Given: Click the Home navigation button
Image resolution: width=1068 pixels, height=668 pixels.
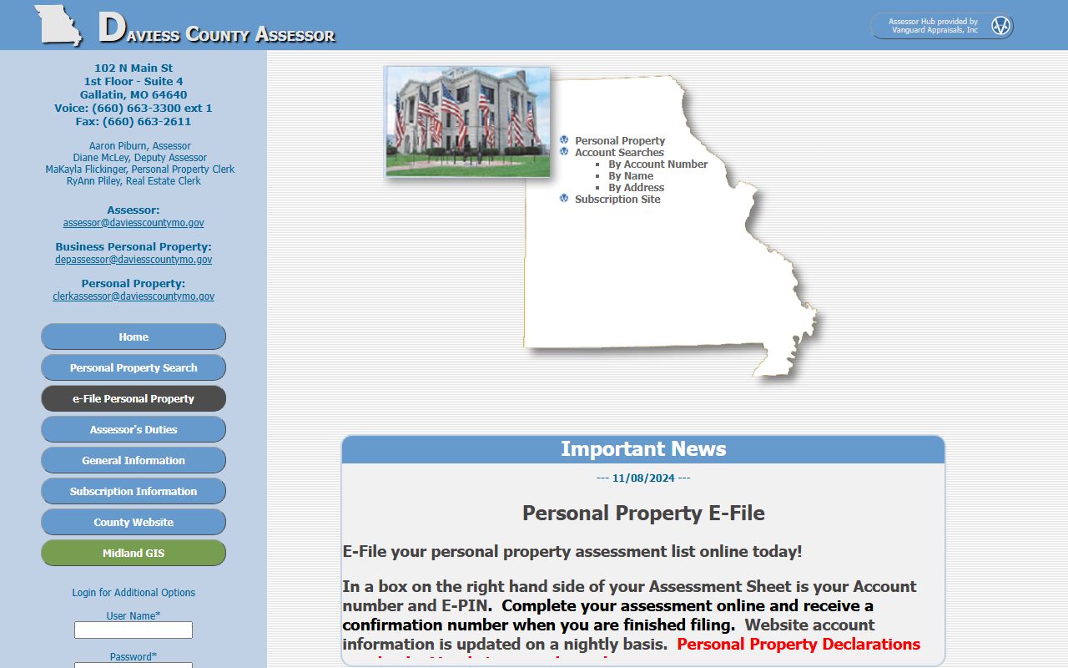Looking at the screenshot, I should point(133,337).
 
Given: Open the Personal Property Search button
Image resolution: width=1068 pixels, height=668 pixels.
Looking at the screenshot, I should point(133,368).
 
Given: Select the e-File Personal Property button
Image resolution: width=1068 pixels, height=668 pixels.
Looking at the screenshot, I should point(133,399).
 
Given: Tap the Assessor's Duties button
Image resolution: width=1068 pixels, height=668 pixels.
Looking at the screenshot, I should point(133,430).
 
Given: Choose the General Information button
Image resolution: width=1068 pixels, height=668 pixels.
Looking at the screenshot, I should point(133,461).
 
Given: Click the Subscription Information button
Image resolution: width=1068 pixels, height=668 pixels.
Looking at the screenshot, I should point(133,492).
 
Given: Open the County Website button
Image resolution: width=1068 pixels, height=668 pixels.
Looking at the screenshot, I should point(133,523).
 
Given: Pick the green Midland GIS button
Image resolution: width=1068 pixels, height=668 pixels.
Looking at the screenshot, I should point(133,554).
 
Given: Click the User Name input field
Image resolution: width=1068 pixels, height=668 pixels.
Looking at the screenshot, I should point(133,630).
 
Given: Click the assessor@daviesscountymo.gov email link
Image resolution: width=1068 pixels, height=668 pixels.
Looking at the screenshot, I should point(133,223).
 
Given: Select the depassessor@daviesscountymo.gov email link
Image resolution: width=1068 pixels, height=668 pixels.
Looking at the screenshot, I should point(133,260).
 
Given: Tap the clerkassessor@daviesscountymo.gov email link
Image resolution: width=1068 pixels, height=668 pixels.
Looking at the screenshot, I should point(133,296).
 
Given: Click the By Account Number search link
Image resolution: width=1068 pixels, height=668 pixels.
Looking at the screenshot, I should point(657,164).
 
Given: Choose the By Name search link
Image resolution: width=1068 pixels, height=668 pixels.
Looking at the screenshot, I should point(631,176).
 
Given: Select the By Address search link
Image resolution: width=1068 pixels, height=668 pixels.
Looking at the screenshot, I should point(636,188).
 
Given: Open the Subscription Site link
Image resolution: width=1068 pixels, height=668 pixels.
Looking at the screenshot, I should point(617,200).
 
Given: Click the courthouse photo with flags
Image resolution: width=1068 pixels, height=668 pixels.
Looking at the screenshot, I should point(467,122).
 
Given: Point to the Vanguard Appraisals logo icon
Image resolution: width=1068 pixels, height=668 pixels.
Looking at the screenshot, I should point(1000,26).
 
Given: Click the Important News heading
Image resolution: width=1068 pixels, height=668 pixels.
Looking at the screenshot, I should point(643,449).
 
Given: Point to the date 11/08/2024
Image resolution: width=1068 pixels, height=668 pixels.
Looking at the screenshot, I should point(643,478).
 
